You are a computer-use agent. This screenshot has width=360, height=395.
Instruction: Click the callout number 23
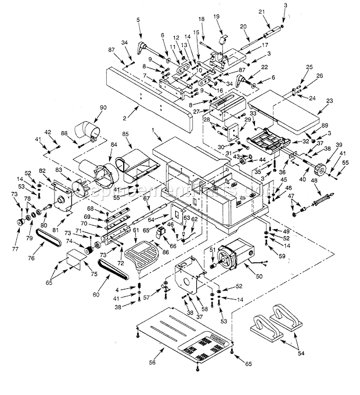(330, 101)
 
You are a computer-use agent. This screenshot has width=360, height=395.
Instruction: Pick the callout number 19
(217, 16)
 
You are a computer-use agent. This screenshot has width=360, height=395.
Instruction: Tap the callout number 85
(125, 135)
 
